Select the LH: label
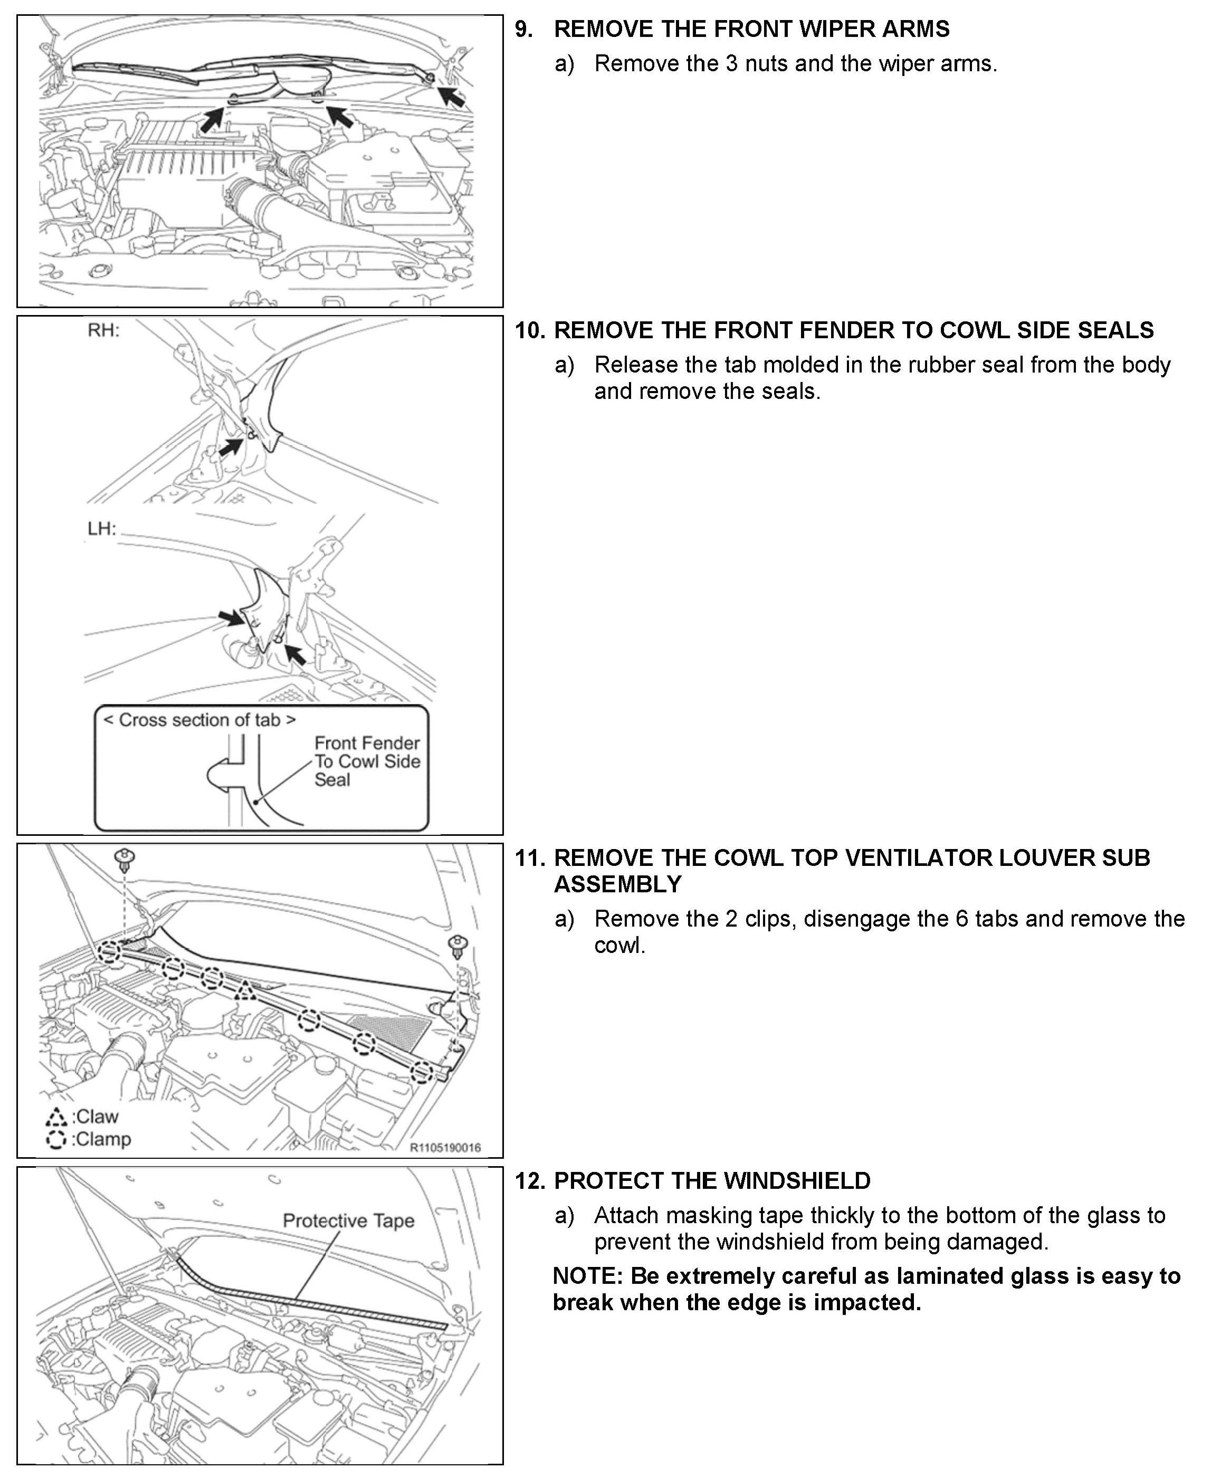(x=101, y=529)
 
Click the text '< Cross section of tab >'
(x=199, y=720)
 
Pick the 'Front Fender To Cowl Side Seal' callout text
(x=366, y=761)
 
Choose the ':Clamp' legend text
(x=101, y=1140)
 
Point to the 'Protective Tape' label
(x=348, y=1220)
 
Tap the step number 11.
(x=529, y=858)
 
